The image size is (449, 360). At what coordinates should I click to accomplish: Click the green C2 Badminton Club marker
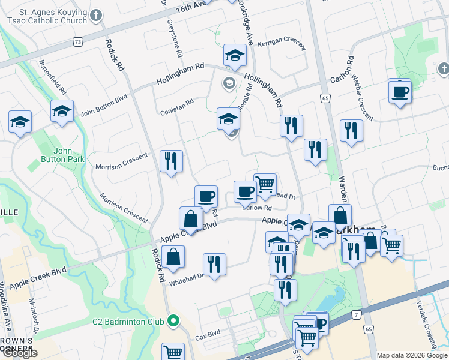point(173,321)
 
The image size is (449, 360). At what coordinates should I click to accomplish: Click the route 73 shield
point(78,41)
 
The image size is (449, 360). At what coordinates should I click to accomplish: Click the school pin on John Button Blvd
point(62,111)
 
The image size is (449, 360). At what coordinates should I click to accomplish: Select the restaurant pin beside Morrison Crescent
point(172,160)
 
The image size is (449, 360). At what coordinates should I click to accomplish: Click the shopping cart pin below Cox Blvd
point(173,353)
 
